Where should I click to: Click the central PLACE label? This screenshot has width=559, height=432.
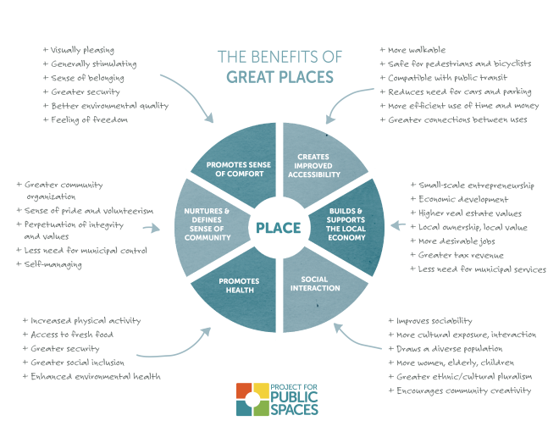(x=278, y=227)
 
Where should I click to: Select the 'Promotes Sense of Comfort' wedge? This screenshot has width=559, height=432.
(x=235, y=167)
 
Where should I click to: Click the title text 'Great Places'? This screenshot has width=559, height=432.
(x=279, y=77)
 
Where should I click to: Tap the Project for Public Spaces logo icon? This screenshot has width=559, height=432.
(x=252, y=400)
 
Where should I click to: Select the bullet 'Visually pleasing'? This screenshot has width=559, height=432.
(x=82, y=50)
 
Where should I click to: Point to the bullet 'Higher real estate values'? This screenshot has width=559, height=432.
(x=470, y=213)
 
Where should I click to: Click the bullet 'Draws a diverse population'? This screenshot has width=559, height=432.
(x=449, y=349)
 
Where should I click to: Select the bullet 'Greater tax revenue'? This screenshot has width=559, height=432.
(x=461, y=256)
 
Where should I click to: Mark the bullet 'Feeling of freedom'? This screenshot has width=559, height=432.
(x=89, y=119)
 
